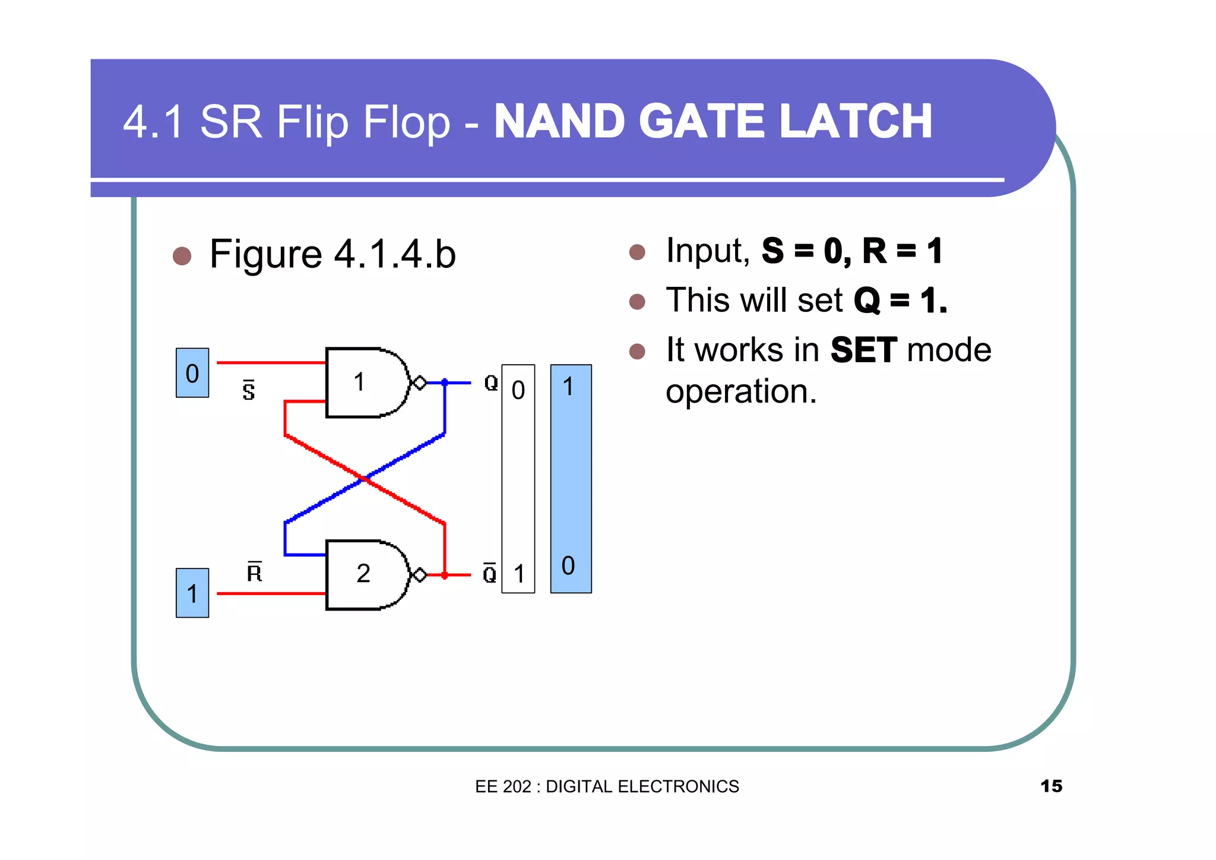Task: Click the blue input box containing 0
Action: (x=192, y=373)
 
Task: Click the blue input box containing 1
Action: (x=192, y=593)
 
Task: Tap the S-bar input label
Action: (x=249, y=391)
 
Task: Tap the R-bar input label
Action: (x=254, y=572)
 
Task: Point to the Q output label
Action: (x=491, y=382)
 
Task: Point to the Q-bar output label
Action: (x=489, y=573)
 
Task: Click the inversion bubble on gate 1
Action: (x=420, y=383)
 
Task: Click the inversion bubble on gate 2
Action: (x=420, y=575)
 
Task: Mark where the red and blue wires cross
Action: (x=364, y=478)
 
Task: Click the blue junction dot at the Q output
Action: (x=445, y=382)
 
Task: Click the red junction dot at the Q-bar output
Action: (x=445, y=575)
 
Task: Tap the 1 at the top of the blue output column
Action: (x=568, y=387)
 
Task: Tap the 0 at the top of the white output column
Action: (x=518, y=391)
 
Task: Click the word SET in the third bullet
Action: (x=863, y=350)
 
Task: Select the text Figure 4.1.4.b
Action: (x=332, y=255)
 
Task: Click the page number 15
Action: (x=1051, y=786)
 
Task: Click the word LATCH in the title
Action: (x=856, y=122)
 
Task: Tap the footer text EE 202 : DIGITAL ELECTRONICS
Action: (x=607, y=786)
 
